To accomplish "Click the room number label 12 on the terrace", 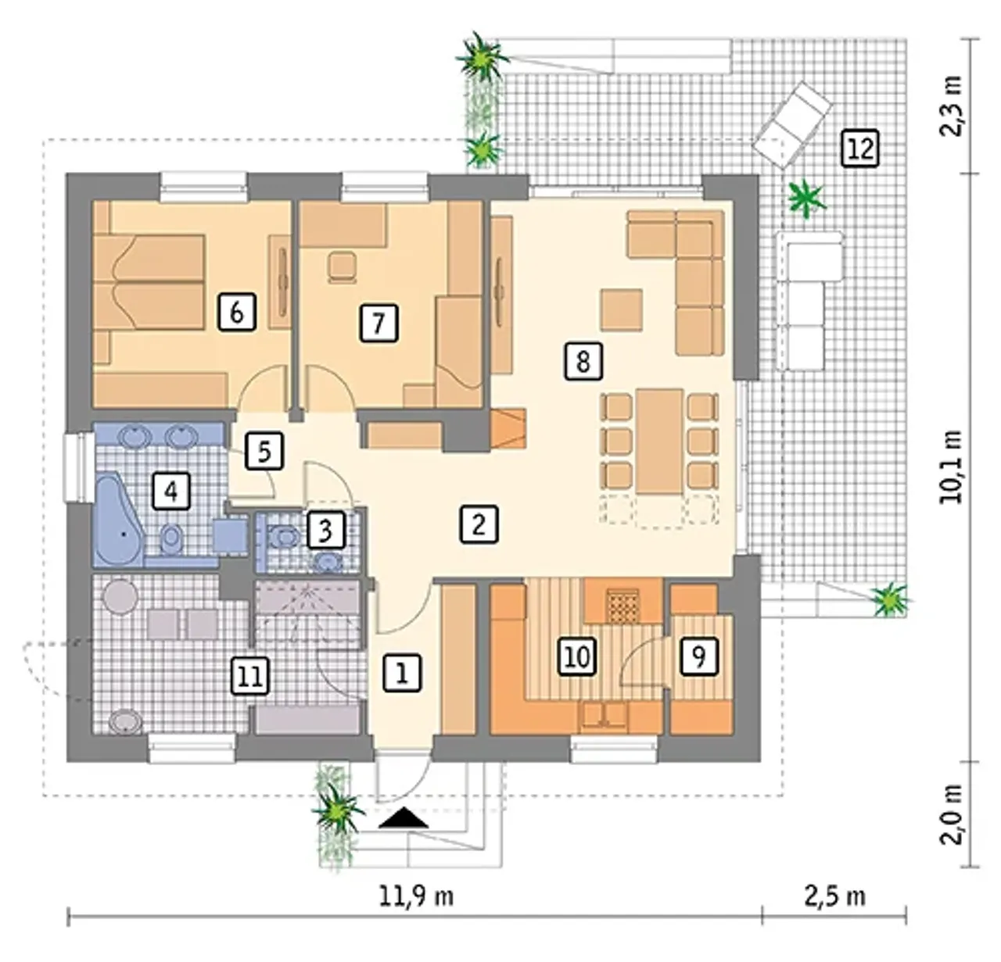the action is click(x=860, y=149).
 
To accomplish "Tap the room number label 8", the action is click(x=583, y=362).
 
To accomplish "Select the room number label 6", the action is click(x=237, y=312).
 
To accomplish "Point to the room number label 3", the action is click(x=325, y=530).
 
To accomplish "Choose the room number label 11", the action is click(x=250, y=676).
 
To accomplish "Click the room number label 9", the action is click(x=698, y=656).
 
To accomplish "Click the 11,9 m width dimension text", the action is click(x=417, y=896).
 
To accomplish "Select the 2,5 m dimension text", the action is click(x=835, y=896).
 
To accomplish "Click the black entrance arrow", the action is click(x=404, y=817).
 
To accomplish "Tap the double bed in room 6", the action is click(x=149, y=281).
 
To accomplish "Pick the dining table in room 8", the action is click(x=659, y=442).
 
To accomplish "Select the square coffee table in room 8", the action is click(x=622, y=309).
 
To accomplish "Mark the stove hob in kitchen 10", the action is click(x=623, y=606).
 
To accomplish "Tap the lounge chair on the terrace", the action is click(x=792, y=125).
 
